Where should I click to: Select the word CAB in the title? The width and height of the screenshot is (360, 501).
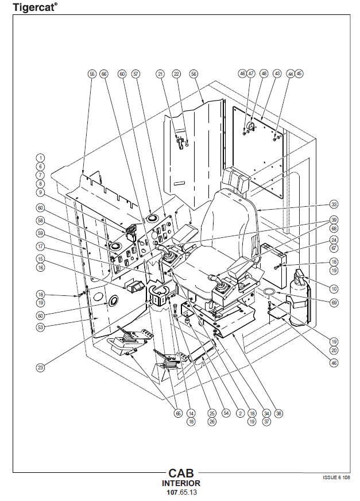click(181, 474)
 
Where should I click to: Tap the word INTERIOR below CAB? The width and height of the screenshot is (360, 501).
click(181, 484)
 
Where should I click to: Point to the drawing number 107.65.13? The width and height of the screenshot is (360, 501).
click(181, 492)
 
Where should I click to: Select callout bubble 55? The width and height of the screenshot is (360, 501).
click(92, 74)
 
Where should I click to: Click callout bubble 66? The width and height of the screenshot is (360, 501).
click(104, 74)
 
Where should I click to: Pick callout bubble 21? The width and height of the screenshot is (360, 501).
click(160, 74)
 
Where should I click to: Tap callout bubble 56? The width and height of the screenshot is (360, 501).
click(193, 74)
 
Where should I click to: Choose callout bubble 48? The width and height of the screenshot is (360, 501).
click(264, 74)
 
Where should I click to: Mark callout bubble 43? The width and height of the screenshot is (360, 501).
click(277, 74)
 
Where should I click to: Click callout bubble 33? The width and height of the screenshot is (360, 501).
click(334, 203)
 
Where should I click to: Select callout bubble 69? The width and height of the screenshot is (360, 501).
click(334, 302)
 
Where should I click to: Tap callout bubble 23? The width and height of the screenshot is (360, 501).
click(40, 366)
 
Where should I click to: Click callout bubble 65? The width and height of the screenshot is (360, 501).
click(178, 413)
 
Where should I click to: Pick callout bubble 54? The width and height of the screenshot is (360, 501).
click(226, 413)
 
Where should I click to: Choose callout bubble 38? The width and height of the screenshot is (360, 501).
click(279, 413)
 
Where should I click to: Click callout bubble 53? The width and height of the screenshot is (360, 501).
click(40, 327)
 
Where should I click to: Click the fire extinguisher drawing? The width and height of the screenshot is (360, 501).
click(301, 299)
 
